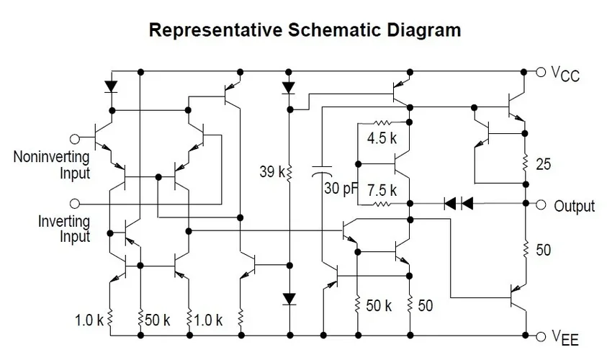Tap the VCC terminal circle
pyautogui.click(x=541, y=71)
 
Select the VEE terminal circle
pyautogui.click(x=541, y=336)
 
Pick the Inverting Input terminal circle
pyautogui.click(x=73, y=204)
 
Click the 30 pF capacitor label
pyautogui.click(x=341, y=189)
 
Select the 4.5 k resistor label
pyautogui.click(x=382, y=139)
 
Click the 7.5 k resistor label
pyautogui.click(x=382, y=191)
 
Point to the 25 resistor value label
pyautogui.click(x=544, y=166)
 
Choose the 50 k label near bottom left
pyautogui.click(x=157, y=318)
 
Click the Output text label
pyautogui.click(x=575, y=206)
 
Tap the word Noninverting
pyautogui.click(x=51, y=157)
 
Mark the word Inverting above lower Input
pyautogui.click(x=64, y=222)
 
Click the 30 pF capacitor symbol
pyautogui.click(x=321, y=172)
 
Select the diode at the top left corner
pyautogui.click(x=111, y=86)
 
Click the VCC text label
pyautogui.click(x=565, y=73)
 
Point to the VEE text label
pyautogui.click(x=565, y=337)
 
